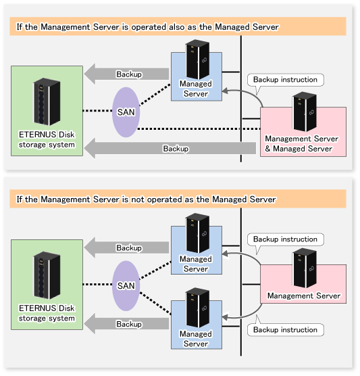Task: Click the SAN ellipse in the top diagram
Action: point(126,112)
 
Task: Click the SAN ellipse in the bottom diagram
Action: point(126,285)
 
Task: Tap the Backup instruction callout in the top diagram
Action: point(285,80)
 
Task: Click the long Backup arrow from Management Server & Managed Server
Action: point(170,148)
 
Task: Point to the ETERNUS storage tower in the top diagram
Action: point(47,101)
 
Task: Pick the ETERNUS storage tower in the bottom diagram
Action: point(47,275)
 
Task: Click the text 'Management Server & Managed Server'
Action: point(301,143)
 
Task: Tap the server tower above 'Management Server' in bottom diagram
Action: point(305,268)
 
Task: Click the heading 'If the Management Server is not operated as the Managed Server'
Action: point(146,199)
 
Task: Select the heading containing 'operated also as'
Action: point(147,27)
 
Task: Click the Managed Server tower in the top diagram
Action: point(198,60)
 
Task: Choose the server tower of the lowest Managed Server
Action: point(198,308)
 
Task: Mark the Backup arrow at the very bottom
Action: point(126,324)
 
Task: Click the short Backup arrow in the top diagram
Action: point(126,74)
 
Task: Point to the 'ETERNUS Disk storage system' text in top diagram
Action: point(47,139)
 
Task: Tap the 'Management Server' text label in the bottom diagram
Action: point(304,296)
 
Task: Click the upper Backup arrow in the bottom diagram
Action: point(126,248)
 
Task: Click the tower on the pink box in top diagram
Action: point(305,112)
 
